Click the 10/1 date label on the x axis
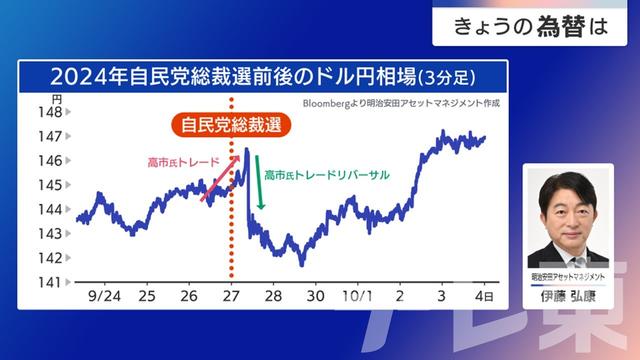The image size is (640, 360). (x=356, y=297)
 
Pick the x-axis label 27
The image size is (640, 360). (x=231, y=297)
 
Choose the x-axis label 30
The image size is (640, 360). (x=316, y=297)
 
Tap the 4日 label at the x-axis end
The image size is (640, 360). (x=483, y=297)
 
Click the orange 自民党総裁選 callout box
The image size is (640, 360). (x=230, y=125)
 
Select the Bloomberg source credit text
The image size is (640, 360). (x=399, y=102)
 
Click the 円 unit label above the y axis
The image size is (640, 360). (x=57, y=100)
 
